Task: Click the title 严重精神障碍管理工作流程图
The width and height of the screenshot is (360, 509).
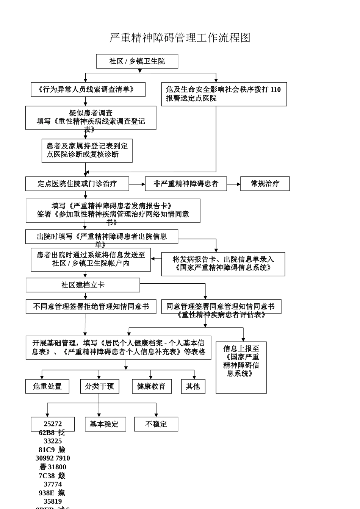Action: click(x=180, y=37)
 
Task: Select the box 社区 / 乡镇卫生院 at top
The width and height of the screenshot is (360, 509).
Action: click(x=137, y=61)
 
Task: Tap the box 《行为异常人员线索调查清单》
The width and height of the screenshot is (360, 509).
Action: click(x=88, y=89)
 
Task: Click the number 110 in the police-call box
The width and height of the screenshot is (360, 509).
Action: click(x=275, y=90)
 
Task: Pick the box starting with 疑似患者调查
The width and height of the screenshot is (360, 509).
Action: click(x=91, y=117)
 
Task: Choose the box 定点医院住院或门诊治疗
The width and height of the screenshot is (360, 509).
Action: click(x=77, y=184)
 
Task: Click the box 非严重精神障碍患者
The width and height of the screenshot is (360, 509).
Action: click(x=186, y=184)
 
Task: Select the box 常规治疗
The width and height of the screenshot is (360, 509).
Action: click(x=265, y=184)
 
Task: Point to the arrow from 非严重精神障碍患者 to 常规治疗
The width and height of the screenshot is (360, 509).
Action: click(x=233, y=184)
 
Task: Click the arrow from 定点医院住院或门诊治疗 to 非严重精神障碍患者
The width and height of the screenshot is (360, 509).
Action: click(x=137, y=184)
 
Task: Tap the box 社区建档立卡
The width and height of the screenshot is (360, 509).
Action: click(x=83, y=285)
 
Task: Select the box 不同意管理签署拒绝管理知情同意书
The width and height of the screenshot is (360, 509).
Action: click(x=91, y=306)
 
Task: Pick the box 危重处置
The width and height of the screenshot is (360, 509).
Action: click(x=47, y=386)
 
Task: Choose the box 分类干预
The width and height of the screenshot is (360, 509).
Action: click(x=99, y=386)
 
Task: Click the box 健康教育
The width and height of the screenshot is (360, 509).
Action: click(x=152, y=386)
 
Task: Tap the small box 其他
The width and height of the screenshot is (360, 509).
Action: click(x=193, y=386)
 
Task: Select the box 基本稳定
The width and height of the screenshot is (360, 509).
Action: click(x=105, y=424)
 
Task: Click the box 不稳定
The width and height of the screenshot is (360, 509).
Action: click(x=156, y=424)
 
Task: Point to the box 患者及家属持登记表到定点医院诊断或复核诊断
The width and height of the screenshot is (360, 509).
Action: click(x=87, y=150)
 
